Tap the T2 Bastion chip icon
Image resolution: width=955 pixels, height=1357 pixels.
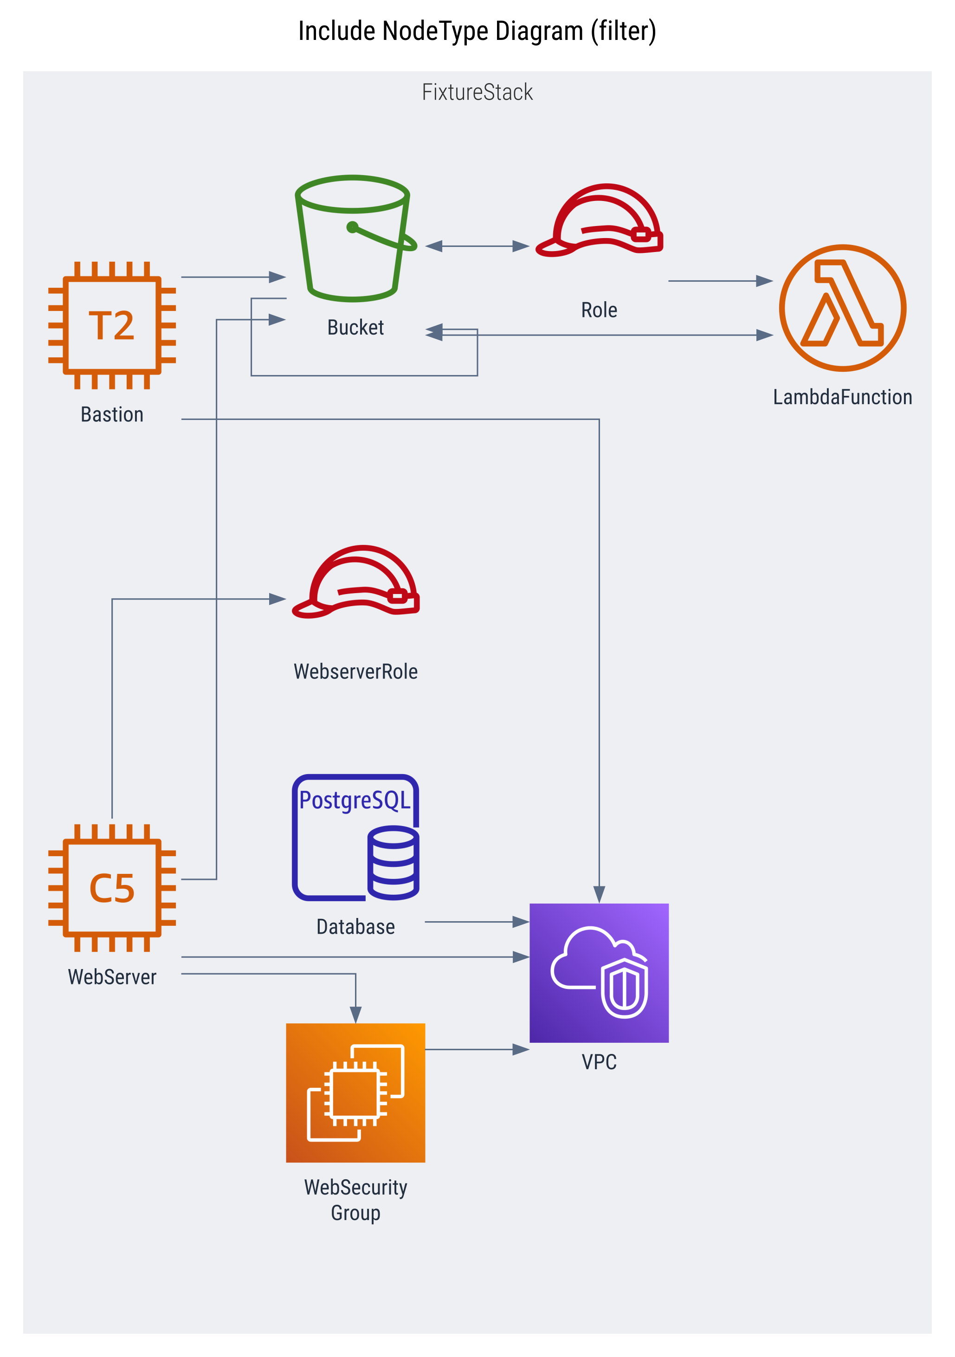112,325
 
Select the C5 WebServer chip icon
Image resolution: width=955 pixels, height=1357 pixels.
112,888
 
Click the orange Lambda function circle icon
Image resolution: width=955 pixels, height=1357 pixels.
842,308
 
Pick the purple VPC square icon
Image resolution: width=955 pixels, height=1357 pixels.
599,973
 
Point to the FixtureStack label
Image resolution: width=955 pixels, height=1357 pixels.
477,92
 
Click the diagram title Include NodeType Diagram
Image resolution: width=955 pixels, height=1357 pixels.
477,31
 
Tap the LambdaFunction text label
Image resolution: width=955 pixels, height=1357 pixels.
842,397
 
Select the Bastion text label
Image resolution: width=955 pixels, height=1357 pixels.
112,414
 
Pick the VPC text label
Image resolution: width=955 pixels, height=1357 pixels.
599,1062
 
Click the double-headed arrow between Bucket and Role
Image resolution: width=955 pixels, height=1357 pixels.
477,246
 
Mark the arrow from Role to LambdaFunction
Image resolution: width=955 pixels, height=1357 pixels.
720,281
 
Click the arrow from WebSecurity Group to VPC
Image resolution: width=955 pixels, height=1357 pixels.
477,1050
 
